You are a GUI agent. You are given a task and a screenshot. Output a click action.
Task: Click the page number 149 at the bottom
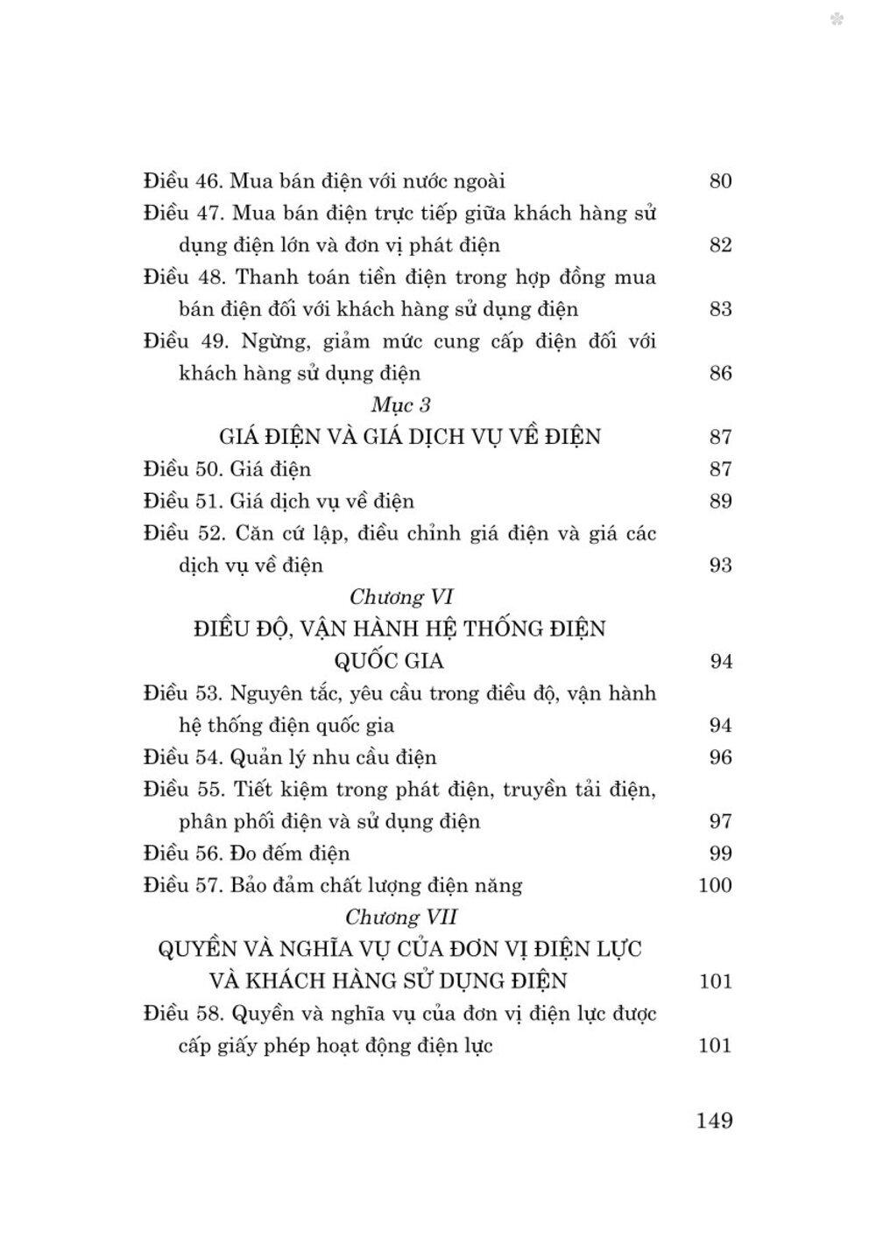coord(714,1120)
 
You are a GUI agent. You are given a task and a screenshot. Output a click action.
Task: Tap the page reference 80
coord(719,181)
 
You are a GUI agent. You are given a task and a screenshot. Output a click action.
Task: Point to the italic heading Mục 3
coord(401,405)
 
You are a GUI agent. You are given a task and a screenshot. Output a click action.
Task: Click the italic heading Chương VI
coord(399,597)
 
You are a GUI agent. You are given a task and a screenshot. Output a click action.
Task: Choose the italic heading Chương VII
coord(401,917)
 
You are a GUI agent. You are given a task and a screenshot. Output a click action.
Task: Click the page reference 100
coord(715,885)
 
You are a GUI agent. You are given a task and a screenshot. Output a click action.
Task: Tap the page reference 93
coord(719,566)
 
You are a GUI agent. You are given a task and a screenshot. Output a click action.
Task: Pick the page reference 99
coord(719,854)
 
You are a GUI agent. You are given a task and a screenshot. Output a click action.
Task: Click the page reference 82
coord(719,245)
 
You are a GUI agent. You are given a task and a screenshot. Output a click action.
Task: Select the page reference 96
coord(719,757)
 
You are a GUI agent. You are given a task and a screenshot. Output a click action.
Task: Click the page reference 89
coord(719,502)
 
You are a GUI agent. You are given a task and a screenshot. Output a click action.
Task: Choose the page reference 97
coord(719,821)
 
